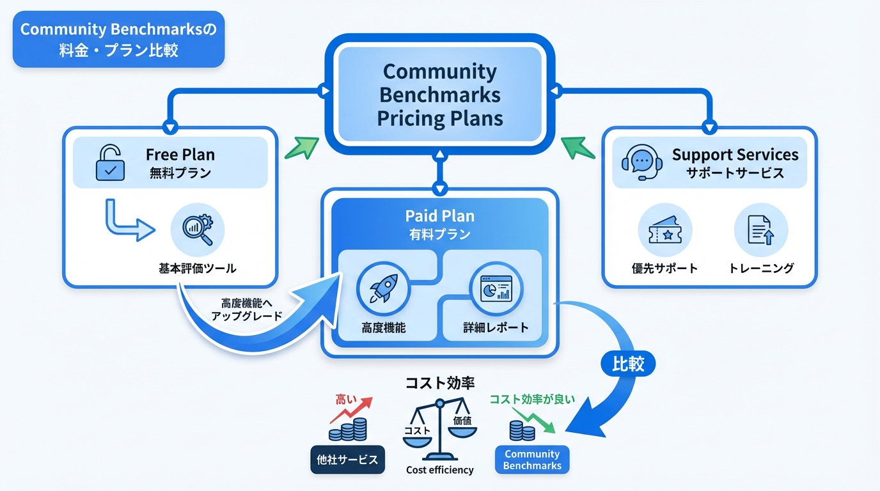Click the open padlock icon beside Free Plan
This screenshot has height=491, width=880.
coord(110,163)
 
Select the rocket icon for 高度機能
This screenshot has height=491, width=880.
coord(383,289)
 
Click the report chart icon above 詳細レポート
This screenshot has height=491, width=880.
coord(496,289)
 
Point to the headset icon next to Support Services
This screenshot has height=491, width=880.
coord(641,163)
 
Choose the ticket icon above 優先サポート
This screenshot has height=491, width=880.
coord(665,230)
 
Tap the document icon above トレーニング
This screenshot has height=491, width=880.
coord(760,230)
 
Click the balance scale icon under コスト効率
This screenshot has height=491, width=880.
coord(440,428)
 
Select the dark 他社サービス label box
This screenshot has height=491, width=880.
coord(347,460)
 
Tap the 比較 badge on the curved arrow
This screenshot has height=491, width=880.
coord(628,364)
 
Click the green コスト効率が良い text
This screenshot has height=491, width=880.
coord(532,400)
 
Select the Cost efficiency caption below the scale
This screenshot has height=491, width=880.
coord(440,470)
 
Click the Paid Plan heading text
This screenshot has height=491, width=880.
coord(439,216)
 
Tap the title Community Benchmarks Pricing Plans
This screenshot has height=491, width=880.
coord(439,95)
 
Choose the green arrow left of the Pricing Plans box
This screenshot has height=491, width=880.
coord(301,148)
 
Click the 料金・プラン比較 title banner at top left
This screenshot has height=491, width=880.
coord(119,40)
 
